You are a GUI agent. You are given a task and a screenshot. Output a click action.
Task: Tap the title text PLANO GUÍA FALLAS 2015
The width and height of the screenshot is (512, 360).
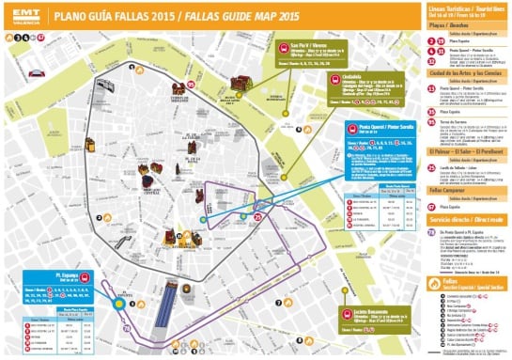click(x=128, y=17)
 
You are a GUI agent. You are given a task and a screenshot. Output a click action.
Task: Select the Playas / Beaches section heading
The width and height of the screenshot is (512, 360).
click(x=444, y=27)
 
